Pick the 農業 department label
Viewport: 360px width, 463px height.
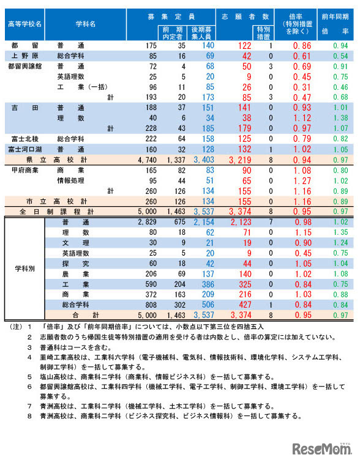(72, 275)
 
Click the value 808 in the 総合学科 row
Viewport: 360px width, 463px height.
(150, 305)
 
